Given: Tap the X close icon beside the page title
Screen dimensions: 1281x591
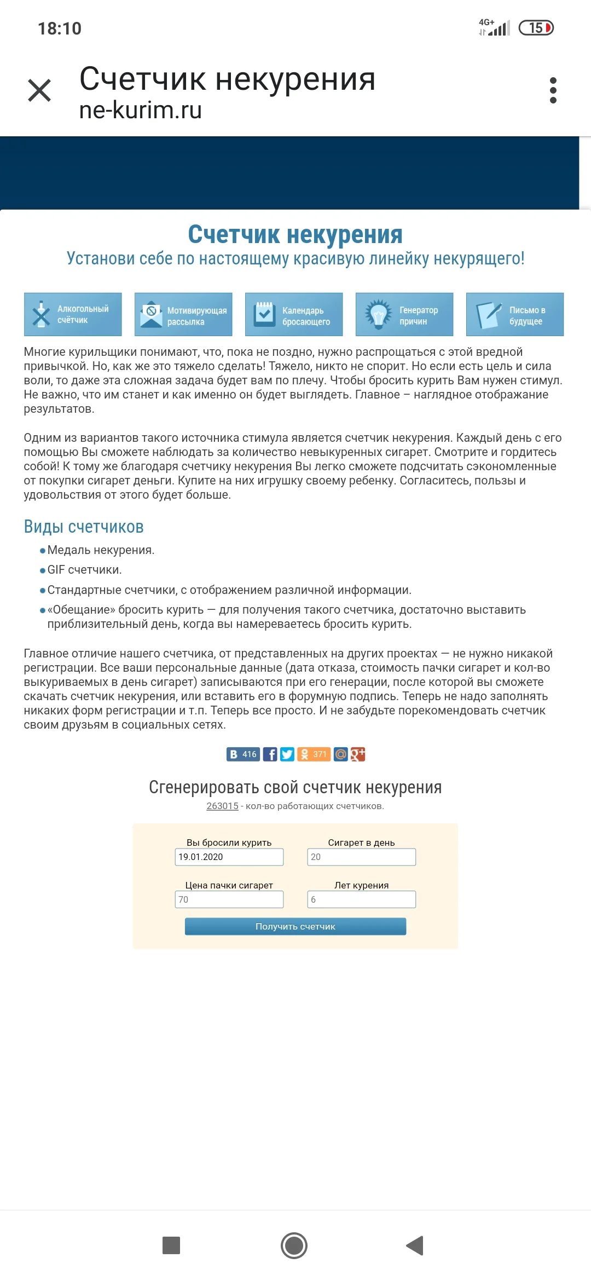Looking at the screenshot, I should click(x=39, y=90).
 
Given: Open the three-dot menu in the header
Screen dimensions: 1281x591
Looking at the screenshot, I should click(x=553, y=90).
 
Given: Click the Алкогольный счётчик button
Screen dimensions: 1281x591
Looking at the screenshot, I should click(x=73, y=314).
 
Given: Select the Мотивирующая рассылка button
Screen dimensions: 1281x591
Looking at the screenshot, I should click(x=183, y=314).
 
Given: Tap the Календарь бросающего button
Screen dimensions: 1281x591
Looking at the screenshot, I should click(x=294, y=314).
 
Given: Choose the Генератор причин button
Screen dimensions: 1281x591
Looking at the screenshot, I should click(x=404, y=314).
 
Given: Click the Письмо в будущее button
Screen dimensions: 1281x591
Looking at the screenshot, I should click(x=515, y=314).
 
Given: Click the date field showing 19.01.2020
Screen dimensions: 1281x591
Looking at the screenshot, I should click(x=229, y=857).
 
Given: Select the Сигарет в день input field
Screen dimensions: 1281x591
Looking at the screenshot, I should click(x=361, y=857).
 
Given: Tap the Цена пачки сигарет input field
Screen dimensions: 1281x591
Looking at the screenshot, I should click(x=229, y=899).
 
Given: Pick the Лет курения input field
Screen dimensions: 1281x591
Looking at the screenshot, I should click(x=361, y=899).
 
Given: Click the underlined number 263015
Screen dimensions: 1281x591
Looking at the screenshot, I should click(x=222, y=806).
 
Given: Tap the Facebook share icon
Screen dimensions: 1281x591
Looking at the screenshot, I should click(x=270, y=754).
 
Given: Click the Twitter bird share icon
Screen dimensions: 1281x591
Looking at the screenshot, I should click(x=287, y=754).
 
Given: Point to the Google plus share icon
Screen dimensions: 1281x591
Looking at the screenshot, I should click(x=358, y=754).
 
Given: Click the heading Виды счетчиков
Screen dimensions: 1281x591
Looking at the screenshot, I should click(x=84, y=527).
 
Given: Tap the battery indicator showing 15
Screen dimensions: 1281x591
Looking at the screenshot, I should click(x=536, y=28).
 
